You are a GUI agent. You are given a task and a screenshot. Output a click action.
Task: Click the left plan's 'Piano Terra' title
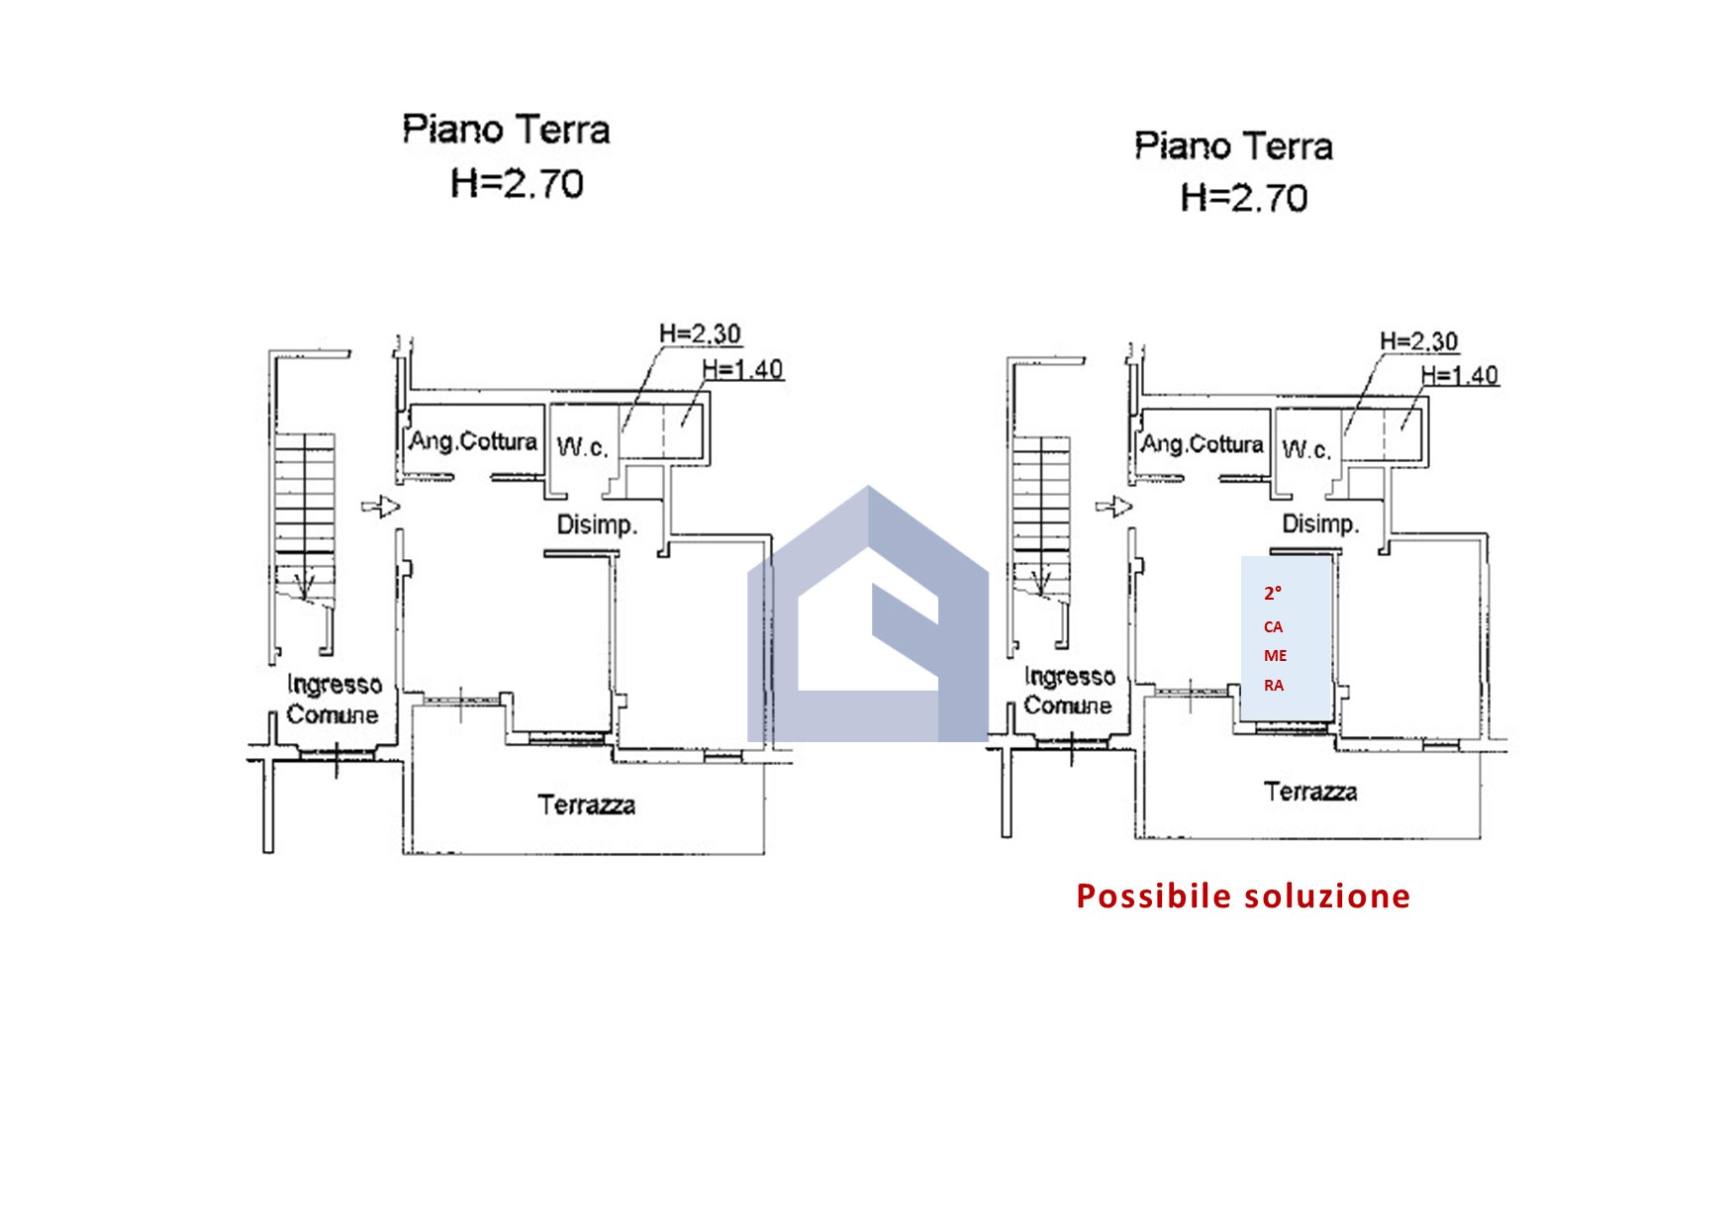coord(506,131)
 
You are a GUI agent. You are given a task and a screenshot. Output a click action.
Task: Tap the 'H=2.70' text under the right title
coord(1243,198)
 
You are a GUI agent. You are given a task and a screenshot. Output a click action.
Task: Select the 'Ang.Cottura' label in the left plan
coord(473,441)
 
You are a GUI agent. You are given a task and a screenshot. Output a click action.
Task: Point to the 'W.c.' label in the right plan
coord(1305,450)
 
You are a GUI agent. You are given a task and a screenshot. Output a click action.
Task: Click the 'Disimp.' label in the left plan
coord(596,524)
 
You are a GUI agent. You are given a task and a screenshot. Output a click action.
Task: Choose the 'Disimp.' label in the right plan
coord(1320,523)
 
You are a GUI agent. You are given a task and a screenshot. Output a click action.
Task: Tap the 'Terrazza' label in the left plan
coord(586,804)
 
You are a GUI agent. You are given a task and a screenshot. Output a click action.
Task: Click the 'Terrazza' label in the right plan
coord(1309,792)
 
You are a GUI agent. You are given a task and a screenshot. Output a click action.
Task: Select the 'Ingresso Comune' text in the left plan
coord(334,700)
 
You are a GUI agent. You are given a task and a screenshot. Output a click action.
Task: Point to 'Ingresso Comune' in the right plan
coord(1069,691)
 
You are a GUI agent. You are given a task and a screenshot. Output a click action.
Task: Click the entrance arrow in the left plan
coord(380,508)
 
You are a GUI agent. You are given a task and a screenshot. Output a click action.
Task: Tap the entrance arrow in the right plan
coord(1113,508)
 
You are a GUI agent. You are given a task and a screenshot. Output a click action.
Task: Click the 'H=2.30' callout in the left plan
coord(700,334)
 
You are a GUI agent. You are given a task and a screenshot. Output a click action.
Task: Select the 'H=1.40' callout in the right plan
coord(1459,376)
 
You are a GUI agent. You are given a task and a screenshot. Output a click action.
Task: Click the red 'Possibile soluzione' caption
coord(1243,896)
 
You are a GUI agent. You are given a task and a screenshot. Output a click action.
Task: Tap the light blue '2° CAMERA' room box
coord(1286,638)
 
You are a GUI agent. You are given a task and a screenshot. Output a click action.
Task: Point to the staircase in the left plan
coord(305,515)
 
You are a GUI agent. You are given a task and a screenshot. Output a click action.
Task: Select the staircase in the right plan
coord(1039,515)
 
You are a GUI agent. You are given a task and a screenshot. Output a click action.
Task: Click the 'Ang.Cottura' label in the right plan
coord(1203,444)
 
